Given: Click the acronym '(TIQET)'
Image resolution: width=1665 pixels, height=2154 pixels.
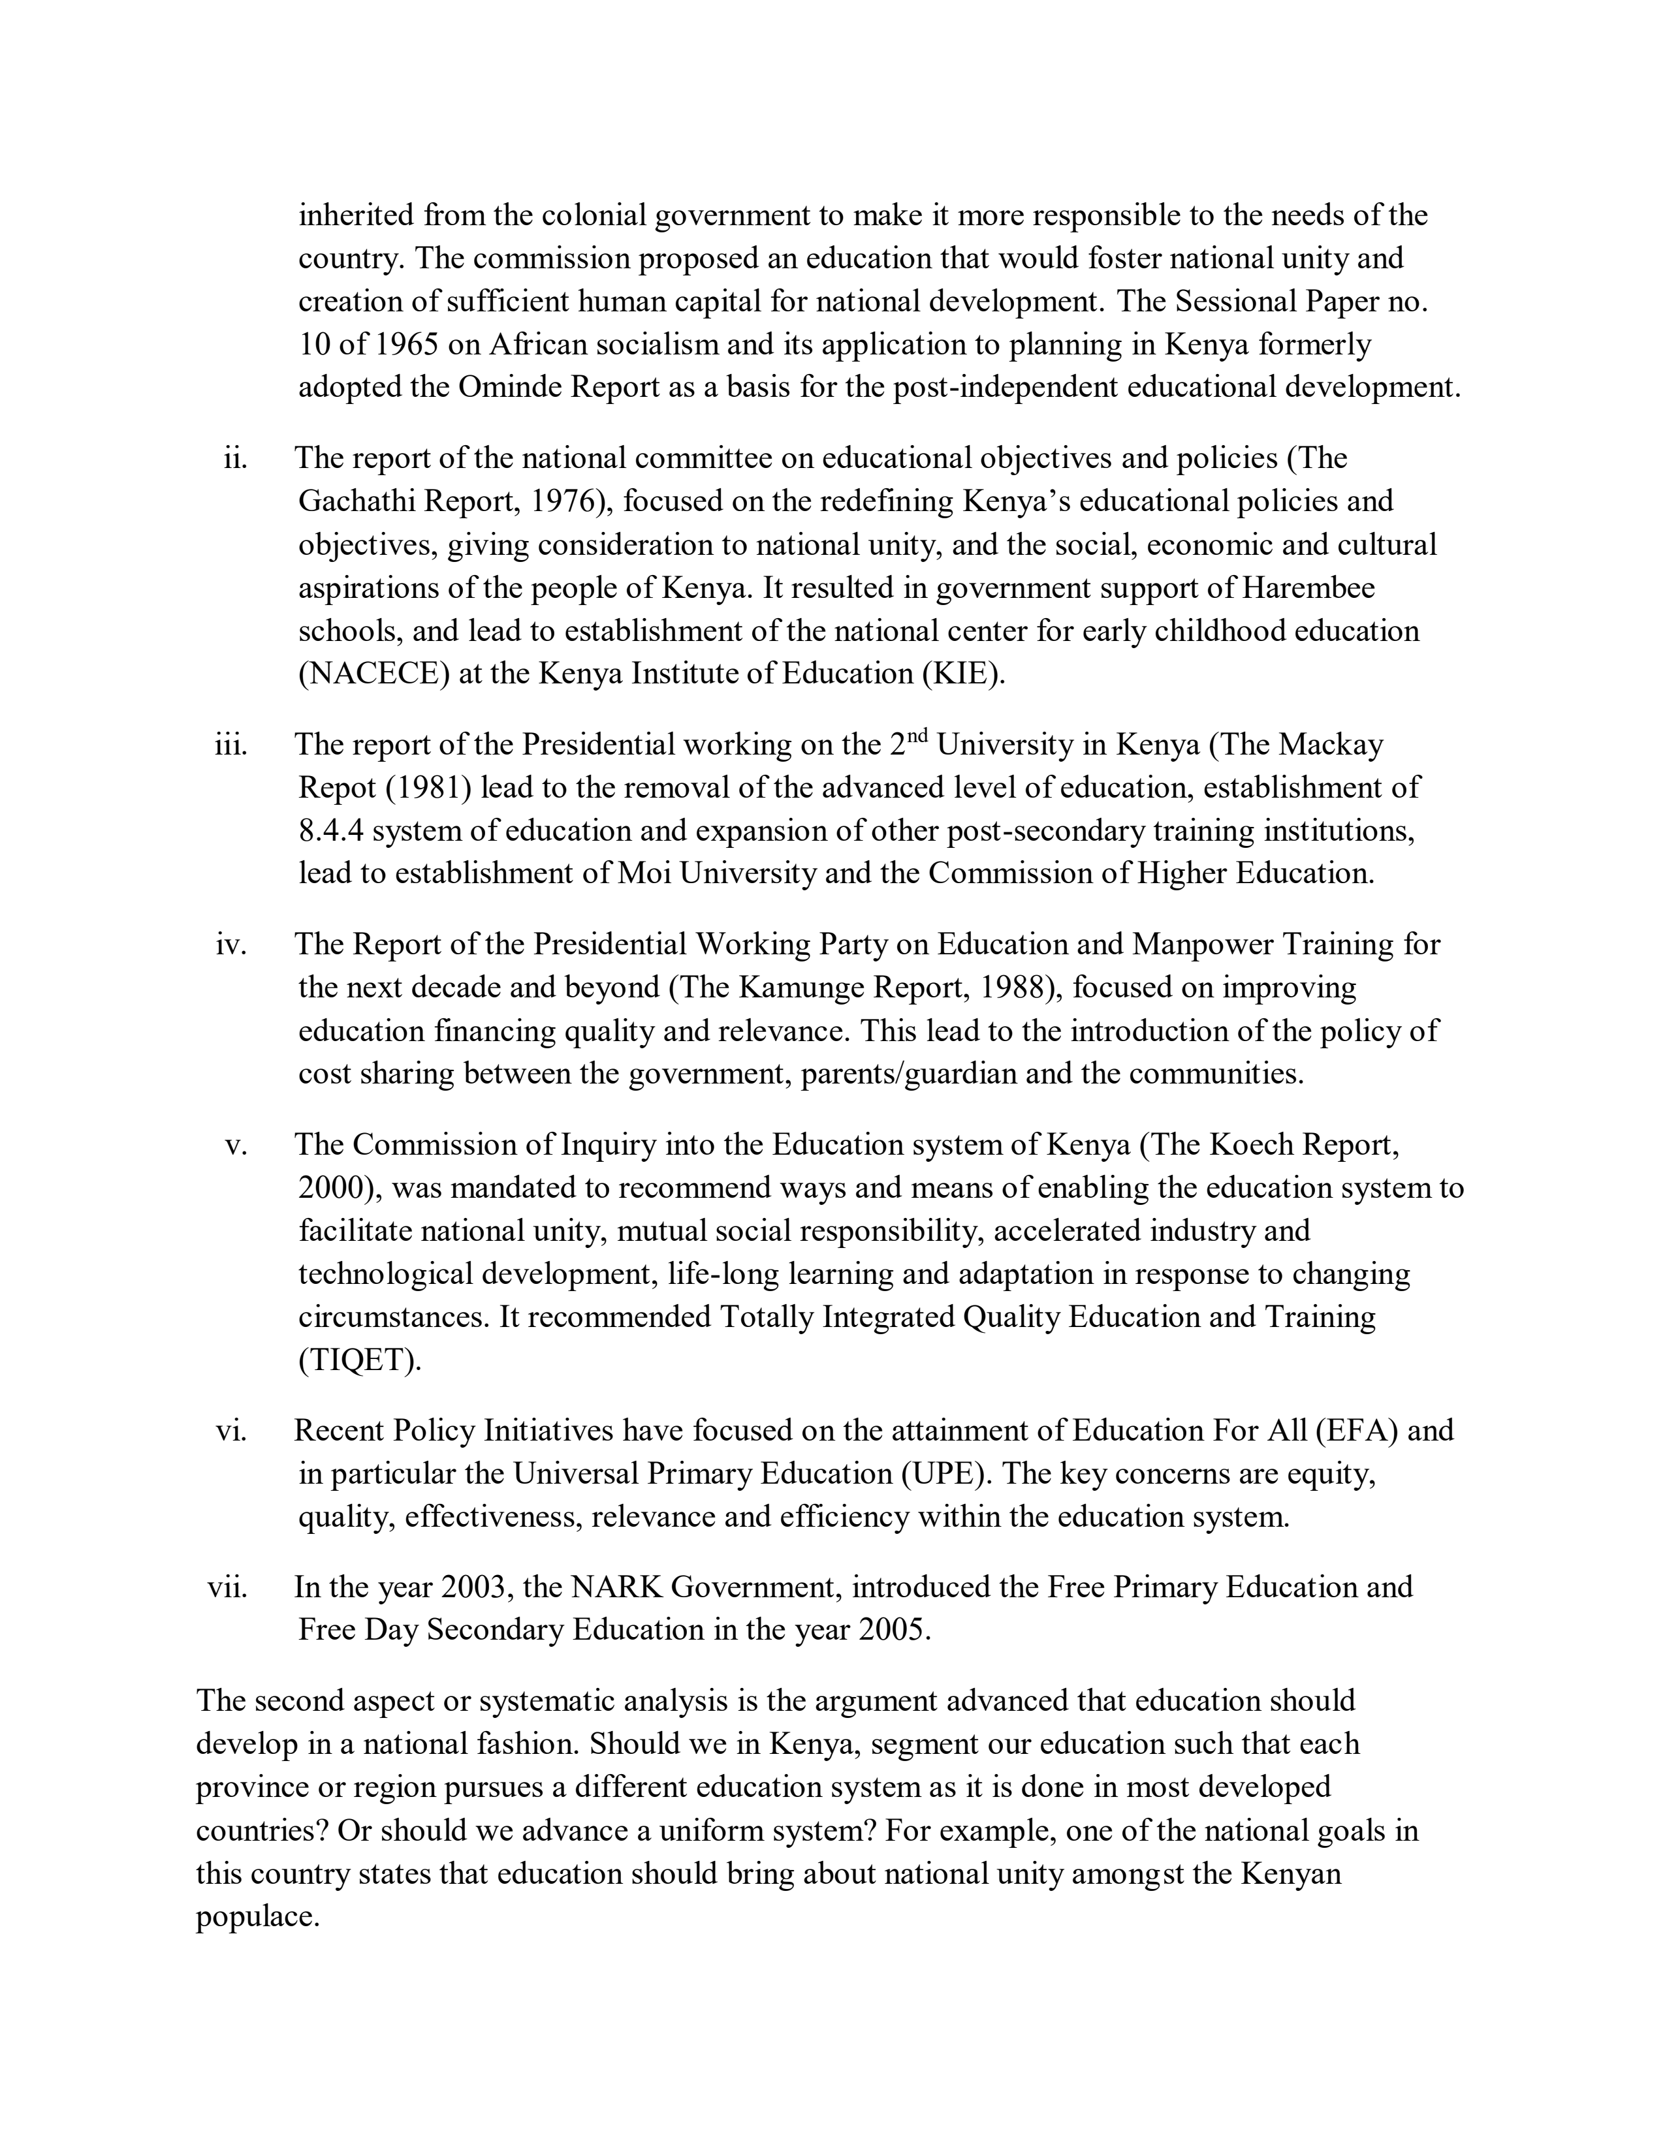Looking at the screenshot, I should (359, 1361).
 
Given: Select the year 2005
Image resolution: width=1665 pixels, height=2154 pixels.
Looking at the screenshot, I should (893, 1631).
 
